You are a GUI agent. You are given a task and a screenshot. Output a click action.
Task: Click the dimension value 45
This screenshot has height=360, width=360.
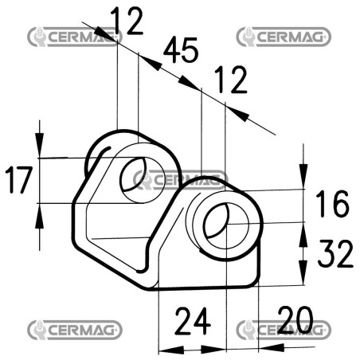(x=181, y=49)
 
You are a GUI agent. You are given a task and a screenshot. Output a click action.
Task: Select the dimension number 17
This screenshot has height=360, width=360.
(x=18, y=180)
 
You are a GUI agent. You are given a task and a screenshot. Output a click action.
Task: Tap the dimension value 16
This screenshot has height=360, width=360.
(x=332, y=203)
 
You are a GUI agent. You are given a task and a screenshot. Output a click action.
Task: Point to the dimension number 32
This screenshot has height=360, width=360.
(x=335, y=253)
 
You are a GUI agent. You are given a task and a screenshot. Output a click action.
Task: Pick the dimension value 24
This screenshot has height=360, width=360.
(x=193, y=321)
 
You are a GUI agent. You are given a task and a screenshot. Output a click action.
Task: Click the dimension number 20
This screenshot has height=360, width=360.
(x=295, y=319)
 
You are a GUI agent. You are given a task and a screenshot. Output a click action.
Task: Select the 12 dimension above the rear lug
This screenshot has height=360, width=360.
(x=127, y=21)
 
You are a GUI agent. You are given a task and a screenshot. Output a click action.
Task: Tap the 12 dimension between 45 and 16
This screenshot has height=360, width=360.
(x=231, y=80)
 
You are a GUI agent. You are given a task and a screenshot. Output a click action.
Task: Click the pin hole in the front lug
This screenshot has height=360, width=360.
(x=227, y=225)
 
